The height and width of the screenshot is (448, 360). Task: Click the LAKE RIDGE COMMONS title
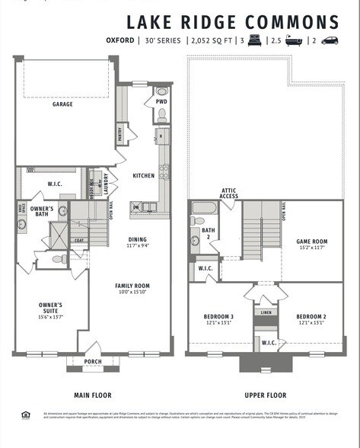point(232,22)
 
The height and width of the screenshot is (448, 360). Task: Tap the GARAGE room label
point(62,104)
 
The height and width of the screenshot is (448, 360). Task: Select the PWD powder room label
point(161,101)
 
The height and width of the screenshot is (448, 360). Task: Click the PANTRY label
point(119,134)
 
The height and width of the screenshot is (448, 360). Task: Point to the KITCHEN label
point(143,176)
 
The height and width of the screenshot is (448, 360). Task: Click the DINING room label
point(137,242)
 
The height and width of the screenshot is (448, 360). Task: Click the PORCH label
point(93,362)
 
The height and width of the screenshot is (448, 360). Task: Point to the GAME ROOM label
point(311,244)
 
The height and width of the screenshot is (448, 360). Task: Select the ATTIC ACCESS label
point(230,194)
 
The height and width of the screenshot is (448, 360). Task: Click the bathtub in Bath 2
point(205,207)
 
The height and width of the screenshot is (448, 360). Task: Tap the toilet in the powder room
point(161,117)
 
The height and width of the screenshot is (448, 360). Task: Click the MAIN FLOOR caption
point(93,395)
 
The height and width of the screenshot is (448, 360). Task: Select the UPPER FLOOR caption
point(265,395)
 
